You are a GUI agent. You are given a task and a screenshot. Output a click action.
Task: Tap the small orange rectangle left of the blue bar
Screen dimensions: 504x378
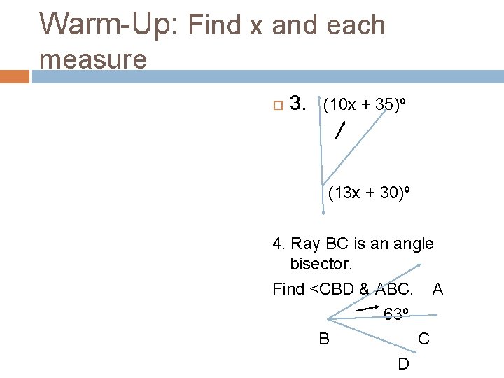[15, 76]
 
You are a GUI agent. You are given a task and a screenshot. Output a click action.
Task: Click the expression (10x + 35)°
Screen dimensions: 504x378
[364, 105]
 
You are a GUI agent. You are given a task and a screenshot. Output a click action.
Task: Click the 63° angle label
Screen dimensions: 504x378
[397, 314]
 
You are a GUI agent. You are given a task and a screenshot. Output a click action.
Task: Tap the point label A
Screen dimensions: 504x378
[437, 288]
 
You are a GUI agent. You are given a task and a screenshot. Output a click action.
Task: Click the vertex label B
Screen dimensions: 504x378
[324, 339]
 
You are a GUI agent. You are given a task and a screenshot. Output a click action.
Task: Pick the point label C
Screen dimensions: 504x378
[423, 339]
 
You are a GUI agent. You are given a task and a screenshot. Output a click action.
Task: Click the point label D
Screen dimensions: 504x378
[404, 364]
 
